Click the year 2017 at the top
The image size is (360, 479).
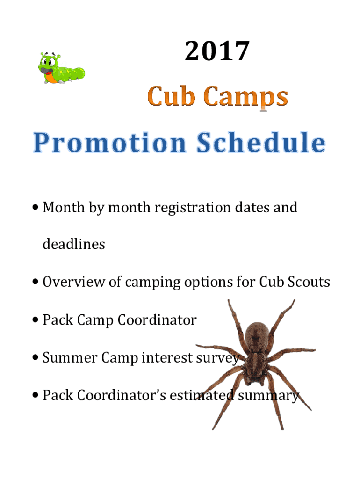pyautogui.click(x=217, y=51)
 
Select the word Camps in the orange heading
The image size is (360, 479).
pyautogui.click(x=245, y=98)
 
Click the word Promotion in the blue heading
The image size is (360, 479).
pyautogui.click(x=109, y=143)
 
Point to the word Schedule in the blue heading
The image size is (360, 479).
pyautogui.click(x=261, y=142)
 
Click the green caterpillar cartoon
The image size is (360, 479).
pyautogui.click(x=61, y=68)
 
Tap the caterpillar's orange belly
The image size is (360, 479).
pyautogui.click(x=50, y=79)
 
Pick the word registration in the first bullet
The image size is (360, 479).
pyautogui.click(x=192, y=208)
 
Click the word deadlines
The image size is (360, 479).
pyautogui.click(x=74, y=244)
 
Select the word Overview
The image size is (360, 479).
pyautogui.click(x=73, y=282)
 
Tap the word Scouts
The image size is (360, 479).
pyautogui.click(x=309, y=282)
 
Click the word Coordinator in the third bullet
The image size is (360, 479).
pyautogui.click(x=157, y=320)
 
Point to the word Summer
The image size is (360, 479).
pyautogui.click(x=70, y=357)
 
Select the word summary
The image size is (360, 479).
pyautogui.click(x=268, y=396)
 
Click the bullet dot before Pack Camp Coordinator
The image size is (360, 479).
pyautogui.click(x=36, y=320)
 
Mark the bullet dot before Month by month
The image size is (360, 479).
pyautogui.click(x=36, y=207)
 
